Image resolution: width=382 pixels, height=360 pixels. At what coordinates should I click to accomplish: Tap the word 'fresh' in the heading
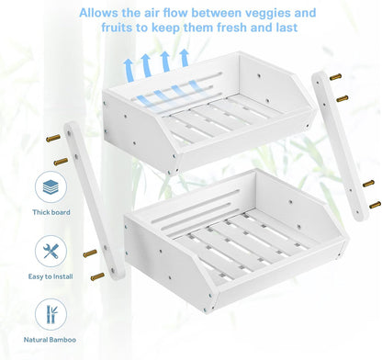click(231, 28)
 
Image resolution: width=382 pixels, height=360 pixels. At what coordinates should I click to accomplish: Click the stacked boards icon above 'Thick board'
click(51, 187)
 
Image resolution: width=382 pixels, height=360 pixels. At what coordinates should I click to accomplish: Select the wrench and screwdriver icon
click(51, 251)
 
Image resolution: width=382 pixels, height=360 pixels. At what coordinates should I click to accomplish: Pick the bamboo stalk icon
click(51, 314)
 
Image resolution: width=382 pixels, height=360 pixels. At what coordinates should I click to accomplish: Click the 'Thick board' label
click(51, 212)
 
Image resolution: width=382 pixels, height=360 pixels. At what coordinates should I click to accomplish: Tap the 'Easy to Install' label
click(51, 276)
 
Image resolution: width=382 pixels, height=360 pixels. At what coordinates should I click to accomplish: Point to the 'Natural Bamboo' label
click(50, 340)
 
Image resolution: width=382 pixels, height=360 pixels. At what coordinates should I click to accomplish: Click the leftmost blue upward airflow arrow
click(129, 71)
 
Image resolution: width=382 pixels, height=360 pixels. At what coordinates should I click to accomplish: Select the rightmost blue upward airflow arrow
click(185, 58)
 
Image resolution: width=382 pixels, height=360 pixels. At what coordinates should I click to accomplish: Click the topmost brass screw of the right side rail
click(335, 76)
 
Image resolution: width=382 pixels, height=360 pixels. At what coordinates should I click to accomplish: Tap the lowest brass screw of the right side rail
click(375, 205)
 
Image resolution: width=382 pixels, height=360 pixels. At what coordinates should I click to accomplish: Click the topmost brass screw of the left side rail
click(53, 138)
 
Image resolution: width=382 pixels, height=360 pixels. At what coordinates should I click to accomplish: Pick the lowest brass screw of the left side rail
click(97, 276)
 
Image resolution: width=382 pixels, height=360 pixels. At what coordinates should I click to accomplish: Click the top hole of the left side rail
click(69, 133)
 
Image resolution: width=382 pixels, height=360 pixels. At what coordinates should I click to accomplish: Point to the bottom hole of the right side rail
click(357, 211)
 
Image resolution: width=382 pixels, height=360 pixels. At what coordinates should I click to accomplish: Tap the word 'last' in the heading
click(286, 28)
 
